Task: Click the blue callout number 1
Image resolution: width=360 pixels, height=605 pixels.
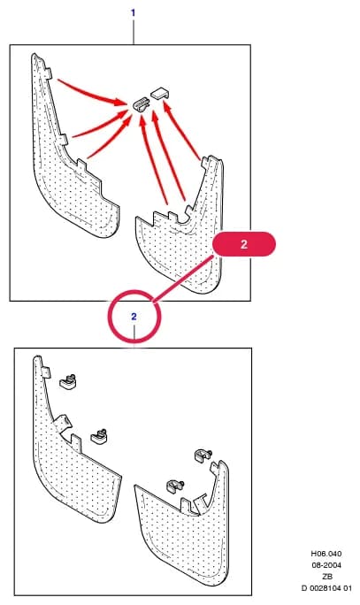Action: (x=133, y=13)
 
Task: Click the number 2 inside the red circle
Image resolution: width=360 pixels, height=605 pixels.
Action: (x=134, y=317)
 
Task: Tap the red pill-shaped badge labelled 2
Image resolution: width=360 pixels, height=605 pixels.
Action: (x=244, y=244)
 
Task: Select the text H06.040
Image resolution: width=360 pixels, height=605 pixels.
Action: (x=326, y=554)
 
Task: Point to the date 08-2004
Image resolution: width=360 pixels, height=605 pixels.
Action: (x=326, y=565)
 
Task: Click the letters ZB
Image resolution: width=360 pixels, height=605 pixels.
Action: (x=326, y=577)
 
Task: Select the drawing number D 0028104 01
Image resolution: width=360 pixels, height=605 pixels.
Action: (x=326, y=588)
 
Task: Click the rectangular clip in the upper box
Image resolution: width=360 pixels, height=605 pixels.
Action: (x=161, y=93)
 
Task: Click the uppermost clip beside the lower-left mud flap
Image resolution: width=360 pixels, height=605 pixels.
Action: (x=68, y=381)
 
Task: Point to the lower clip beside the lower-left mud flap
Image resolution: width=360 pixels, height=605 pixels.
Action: (x=100, y=436)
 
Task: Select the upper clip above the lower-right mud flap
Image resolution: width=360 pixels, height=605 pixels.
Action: (x=203, y=455)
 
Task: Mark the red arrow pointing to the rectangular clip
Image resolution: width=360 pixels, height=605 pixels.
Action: (x=181, y=129)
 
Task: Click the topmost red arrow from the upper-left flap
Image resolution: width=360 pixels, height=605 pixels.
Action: (x=93, y=92)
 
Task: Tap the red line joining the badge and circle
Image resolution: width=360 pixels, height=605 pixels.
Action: (x=183, y=278)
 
